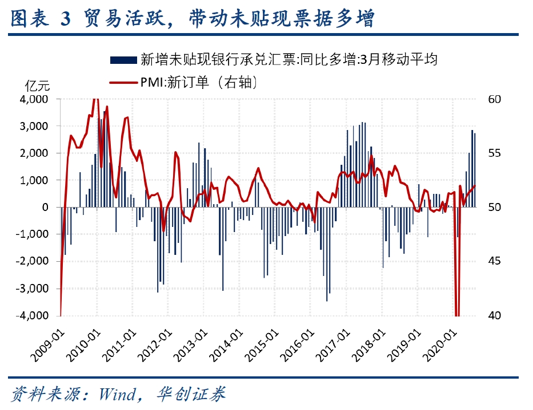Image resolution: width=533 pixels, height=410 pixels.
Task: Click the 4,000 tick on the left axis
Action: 36,99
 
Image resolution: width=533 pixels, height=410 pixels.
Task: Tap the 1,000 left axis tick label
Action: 36,180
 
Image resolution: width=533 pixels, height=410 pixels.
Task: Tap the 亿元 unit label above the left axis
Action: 38,85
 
